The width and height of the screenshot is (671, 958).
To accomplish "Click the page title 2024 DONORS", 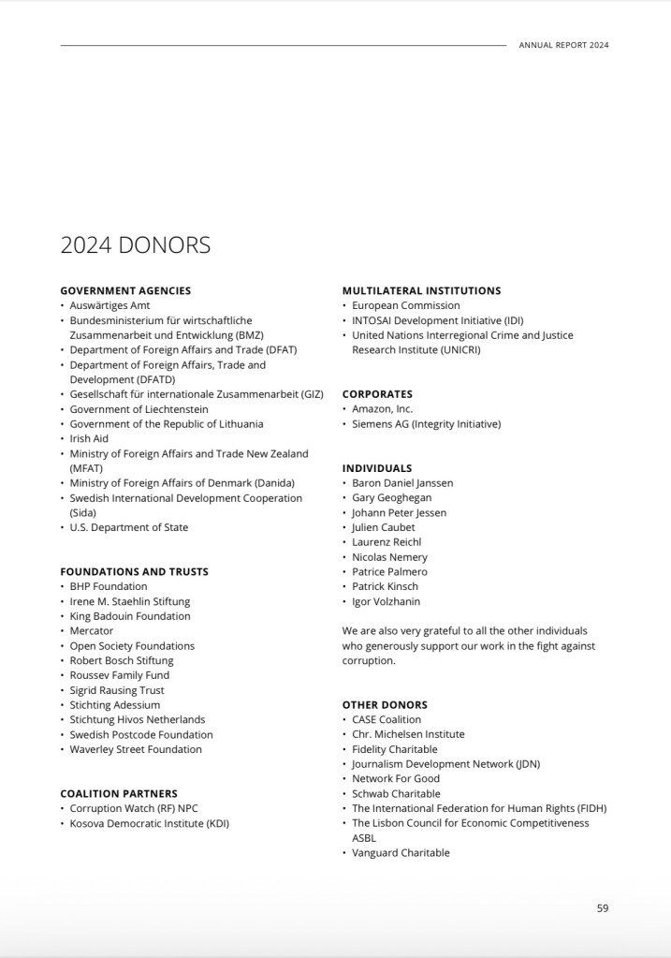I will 136,245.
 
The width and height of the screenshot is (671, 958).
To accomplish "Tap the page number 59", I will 603,907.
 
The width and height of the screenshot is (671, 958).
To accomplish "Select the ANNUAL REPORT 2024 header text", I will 563,45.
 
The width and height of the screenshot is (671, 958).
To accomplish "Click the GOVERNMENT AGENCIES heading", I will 125,290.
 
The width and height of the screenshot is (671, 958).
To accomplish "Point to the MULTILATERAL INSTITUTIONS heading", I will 421,290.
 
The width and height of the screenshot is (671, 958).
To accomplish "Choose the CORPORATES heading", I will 377,394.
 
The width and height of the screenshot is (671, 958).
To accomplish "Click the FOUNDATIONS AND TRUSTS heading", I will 134,571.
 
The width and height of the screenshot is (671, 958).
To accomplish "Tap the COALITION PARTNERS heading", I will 119,793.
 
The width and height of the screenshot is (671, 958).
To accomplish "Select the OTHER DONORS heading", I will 385,704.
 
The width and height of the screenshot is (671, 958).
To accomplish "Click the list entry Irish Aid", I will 89,438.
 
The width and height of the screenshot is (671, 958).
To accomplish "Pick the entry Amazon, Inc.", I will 382,409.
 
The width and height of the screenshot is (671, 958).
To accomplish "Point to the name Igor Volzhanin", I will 386,601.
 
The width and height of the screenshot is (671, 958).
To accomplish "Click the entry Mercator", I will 92,631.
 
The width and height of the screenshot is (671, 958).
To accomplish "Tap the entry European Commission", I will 406,305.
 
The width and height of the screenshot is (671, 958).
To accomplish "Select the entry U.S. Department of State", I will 129,527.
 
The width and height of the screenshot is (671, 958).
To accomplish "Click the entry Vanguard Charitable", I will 401,853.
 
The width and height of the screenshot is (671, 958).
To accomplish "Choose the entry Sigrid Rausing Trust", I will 117,690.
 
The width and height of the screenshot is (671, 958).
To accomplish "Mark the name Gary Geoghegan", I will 391,497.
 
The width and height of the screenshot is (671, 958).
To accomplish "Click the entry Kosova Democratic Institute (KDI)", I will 150,823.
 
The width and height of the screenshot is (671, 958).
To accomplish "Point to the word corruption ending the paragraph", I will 369,660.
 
